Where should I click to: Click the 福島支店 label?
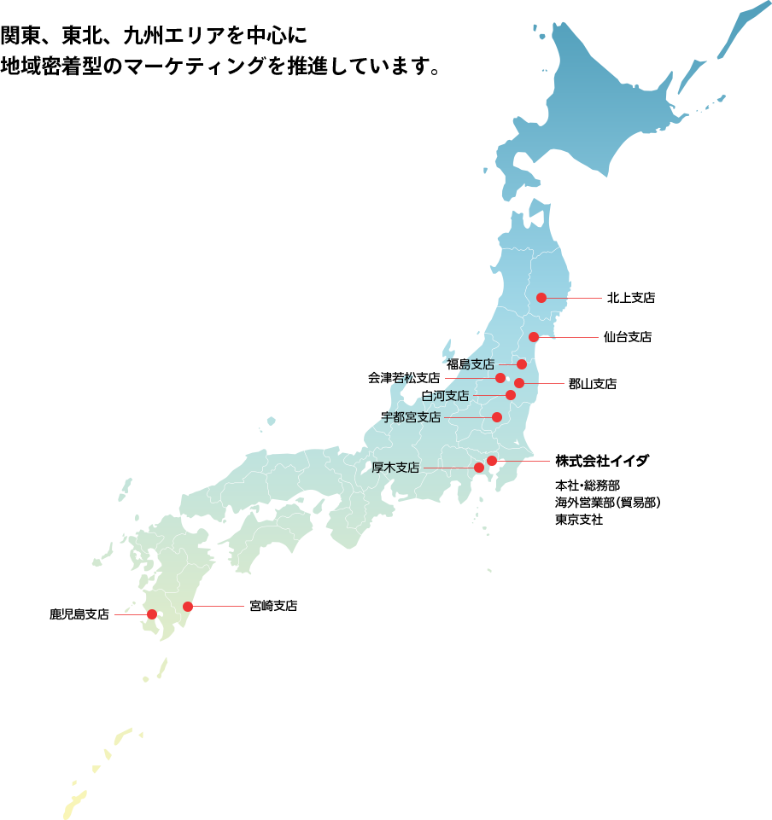point(471,364)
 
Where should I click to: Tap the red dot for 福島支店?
point(522,364)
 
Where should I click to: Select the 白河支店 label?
point(445,396)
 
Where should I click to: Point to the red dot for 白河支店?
point(511,395)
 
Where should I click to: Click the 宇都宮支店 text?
point(411,417)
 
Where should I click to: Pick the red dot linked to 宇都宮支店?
point(497,417)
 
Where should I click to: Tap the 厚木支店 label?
point(395,468)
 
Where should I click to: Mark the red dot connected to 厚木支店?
point(479,468)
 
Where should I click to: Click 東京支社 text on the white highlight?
point(580,520)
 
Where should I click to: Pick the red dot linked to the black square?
point(492,461)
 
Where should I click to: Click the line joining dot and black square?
point(523,461)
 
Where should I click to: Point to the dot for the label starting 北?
point(541,298)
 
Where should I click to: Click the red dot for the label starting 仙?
point(534,337)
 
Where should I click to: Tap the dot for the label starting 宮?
point(188,607)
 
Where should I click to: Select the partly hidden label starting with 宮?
point(273,606)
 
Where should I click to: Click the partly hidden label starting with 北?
point(631,298)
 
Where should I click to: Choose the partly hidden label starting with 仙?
point(628,337)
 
